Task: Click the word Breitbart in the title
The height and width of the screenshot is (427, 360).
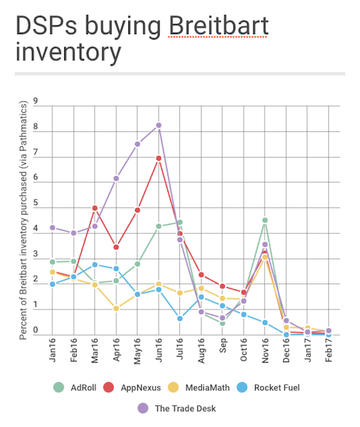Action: (218, 26)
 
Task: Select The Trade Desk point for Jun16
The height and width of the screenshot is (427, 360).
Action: (158, 125)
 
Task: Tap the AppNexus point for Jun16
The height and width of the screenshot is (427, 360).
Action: (158, 158)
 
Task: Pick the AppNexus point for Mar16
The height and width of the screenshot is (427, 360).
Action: (95, 208)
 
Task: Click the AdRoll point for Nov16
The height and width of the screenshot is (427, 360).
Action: (265, 220)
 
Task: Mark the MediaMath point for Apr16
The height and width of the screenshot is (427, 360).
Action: (116, 309)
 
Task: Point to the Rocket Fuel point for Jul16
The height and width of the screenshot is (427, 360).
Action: (180, 318)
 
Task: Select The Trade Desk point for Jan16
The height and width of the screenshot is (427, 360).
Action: (53, 228)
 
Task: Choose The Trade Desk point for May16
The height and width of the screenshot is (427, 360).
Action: (137, 144)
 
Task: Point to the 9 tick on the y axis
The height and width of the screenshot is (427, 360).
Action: (36, 101)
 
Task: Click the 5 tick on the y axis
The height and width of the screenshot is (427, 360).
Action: (36, 203)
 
